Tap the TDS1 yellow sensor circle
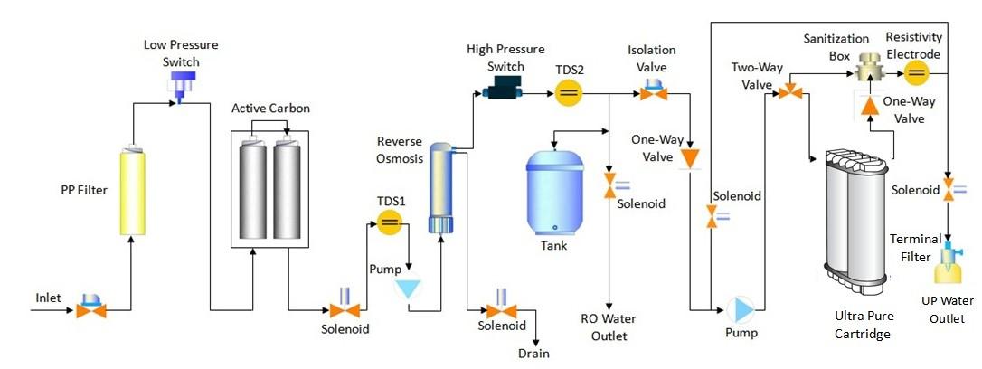tap(389, 222)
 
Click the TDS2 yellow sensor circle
tap(569, 93)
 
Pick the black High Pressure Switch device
tap(497, 90)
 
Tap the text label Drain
tap(533, 354)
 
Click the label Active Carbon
tap(270, 109)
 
